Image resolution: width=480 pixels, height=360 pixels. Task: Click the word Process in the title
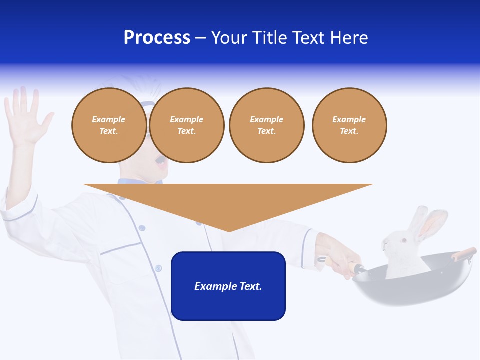coord(157,38)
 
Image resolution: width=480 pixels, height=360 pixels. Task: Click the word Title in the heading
coord(269,38)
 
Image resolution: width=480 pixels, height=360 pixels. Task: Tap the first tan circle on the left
coord(109,125)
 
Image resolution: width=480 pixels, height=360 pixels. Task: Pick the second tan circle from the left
coord(186,125)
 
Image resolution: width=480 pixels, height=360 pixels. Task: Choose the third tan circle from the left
coord(266,125)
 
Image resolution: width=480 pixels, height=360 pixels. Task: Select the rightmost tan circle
coord(349,125)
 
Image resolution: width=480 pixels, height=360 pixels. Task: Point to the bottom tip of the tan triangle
coord(229,230)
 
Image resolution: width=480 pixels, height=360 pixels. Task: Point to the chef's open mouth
coord(160,161)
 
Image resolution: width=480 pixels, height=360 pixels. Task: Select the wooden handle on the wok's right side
coord(463,253)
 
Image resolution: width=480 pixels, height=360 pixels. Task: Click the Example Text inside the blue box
coord(228,286)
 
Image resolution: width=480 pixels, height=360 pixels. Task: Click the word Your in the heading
coord(230,38)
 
